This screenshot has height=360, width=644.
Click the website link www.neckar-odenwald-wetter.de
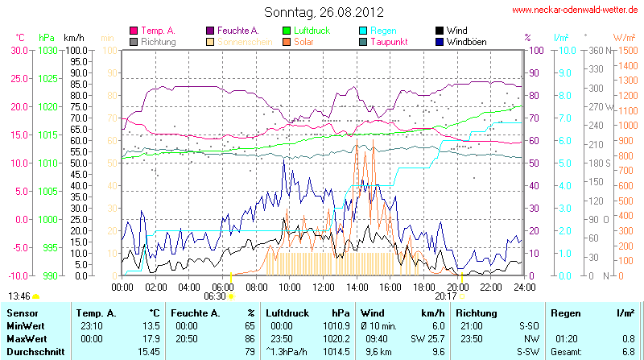click(x=576, y=10)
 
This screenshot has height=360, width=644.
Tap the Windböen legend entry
click(x=466, y=41)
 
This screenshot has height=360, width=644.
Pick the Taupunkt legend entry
click(x=388, y=41)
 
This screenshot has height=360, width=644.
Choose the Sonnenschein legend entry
click(x=239, y=41)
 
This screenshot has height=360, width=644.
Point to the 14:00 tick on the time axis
click(x=357, y=287)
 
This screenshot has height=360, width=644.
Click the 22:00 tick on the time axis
click(x=491, y=287)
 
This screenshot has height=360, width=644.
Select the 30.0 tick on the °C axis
click(x=19, y=50)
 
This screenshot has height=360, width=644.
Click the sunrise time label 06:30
click(x=215, y=296)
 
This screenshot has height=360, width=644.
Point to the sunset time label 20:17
click(x=446, y=296)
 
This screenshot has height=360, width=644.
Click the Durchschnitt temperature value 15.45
click(x=150, y=352)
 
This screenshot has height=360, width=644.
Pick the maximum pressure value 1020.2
click(x=336, y=338)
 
